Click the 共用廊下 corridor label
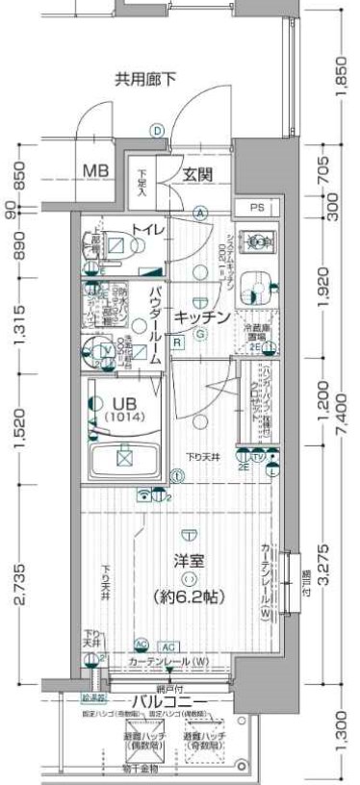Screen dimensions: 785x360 pos(145,79)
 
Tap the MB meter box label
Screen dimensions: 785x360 pos(93,171)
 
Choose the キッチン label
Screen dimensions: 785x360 pos(202,317)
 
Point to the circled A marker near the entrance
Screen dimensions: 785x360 pos(200,213)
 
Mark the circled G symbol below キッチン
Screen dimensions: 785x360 pos(200,334)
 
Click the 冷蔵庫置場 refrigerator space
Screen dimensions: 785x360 pos(255,332)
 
